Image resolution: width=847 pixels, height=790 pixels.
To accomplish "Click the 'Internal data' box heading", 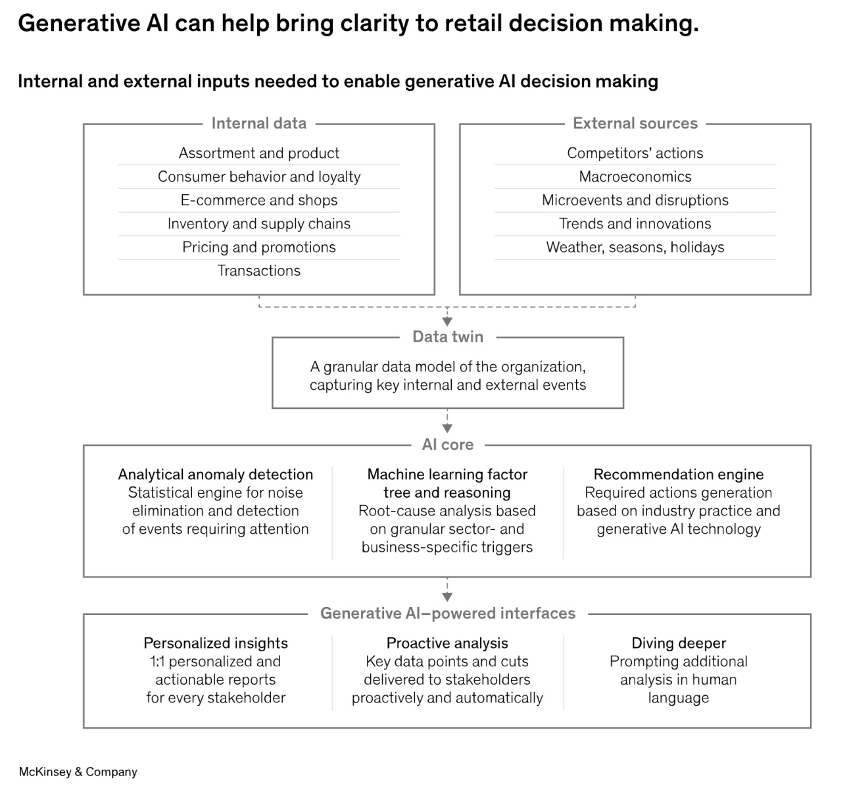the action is pyautogui.click(x=259, y=123).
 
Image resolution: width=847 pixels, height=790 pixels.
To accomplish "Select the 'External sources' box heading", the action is pyautogui.click(x=635, y=123).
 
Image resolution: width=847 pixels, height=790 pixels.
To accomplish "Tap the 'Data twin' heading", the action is pyautogui.click(x=448, y=337).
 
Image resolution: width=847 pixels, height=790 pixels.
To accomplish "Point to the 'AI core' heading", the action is pyautogui.click(x=448, y=444).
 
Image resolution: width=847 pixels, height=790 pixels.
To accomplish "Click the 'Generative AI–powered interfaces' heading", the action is pyautogui.click(x=448, y=613).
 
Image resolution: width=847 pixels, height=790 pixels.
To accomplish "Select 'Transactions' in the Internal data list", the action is pyautogui.click(x=259, y=271).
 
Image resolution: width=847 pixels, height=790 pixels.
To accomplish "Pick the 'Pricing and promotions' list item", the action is pyautogui.click(x=259, y=248).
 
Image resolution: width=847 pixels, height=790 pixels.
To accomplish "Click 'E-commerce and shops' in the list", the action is pyautogui.click(x=259, y=200).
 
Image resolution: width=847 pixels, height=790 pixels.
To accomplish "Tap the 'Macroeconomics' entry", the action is pyautogui.click(x=635, y=177).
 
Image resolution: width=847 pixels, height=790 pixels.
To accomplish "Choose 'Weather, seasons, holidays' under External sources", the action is pyautogui.click(x=635, y=248).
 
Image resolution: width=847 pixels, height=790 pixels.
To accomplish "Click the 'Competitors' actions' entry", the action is pyautogui.click(x=635, y=153).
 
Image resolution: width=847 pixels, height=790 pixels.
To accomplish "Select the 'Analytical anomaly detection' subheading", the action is pyautogui.click(x=216, y=475).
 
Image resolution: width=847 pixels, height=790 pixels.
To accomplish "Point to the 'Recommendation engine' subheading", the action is pyautogui.click(x=679, y=475).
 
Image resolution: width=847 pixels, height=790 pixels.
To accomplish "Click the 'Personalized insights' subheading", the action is pyautogui.click(x=216, y=643).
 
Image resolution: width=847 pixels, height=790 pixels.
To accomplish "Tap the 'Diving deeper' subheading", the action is pyautogui.click(x=679, y=643).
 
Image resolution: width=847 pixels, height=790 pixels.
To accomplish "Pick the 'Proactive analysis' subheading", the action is pyautogui.click(x=447, y=643).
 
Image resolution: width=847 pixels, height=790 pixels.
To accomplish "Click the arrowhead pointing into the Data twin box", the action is pyautogui.click(x=447, y=322).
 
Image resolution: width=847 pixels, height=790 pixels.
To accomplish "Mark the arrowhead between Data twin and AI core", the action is pyautogui.click(x=447, y=429).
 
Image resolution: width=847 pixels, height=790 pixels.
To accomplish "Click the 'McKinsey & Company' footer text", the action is pyautogui.click(x=78, y=772).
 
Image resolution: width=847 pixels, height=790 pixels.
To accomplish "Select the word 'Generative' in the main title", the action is pyautogui.click(x=79, y=23).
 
